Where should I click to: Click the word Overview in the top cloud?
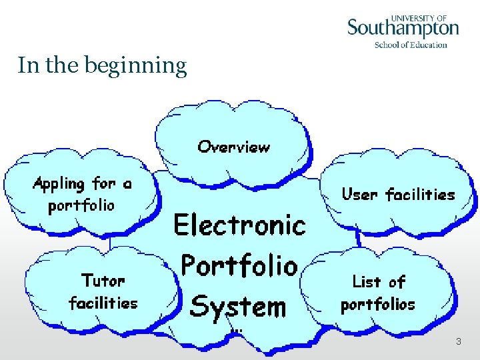pyautogui.click(x=234, y=147)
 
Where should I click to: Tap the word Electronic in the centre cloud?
pyautogui.click(x=239, y=225)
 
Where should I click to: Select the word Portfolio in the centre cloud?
pyautogui.click(x=239, y=265)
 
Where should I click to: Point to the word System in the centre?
pyautogui.click(x=238, y=306)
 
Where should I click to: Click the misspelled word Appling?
pyautogui.click(x=59, y=184)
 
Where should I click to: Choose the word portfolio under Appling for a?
pyautogui.click(x=81, y=205)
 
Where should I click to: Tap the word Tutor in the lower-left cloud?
pyautogui.click(x=103, y=280)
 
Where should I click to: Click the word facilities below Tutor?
pyautogui.click(x=103, y=303)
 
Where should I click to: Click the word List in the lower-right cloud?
pyautogui.click(x=367, y=281)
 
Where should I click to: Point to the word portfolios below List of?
pyautogui.click(x=377, y=305)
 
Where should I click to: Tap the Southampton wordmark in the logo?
pyautogui.click(x=403, y=29)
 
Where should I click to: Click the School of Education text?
pyautogui.click(x=411, y=45)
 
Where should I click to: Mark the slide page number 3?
pyautogui.click(x=459, y=341)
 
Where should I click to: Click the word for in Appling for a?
pyautogui.click(x=104, y=183)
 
